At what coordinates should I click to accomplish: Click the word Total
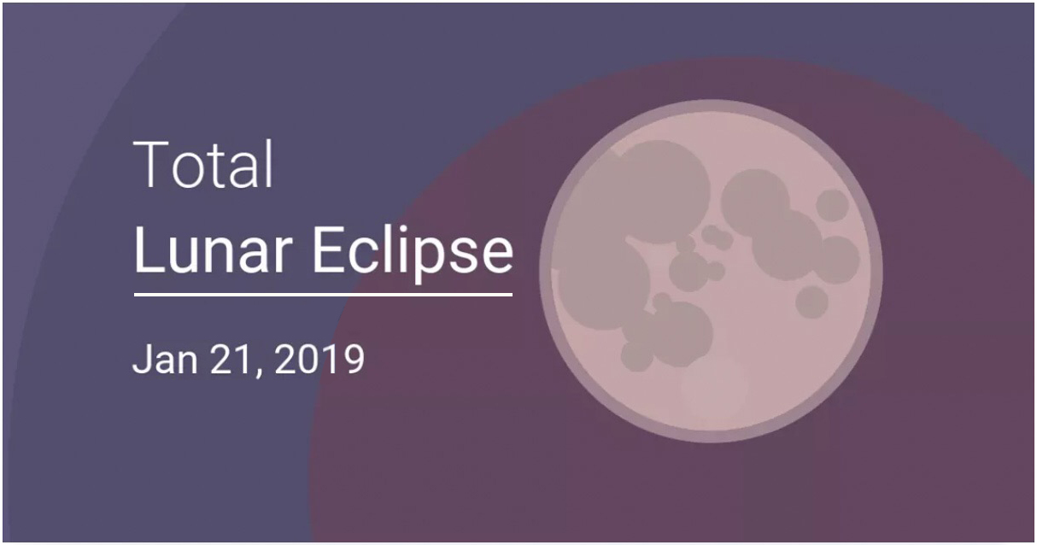pyautogui.click(x=203, y=164)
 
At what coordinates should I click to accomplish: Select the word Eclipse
pyautogui.click(x=413, y=255)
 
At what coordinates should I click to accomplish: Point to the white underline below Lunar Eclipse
pyautogui.click(x=323, y=294)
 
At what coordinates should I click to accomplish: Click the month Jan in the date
pyautogui.click(x=165, y=359)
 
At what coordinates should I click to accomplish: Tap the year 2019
pyautogui.click(x=319, y=359)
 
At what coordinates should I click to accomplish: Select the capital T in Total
pyautogui.click(x=149, y=164)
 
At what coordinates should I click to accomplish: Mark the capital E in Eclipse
pyautogui.click(x=328, y=250)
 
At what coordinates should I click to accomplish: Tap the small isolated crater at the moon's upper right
pyautogui.click(x=832, y=205)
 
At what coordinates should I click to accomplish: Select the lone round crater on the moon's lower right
pyautogui.click(x=811, y=302)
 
